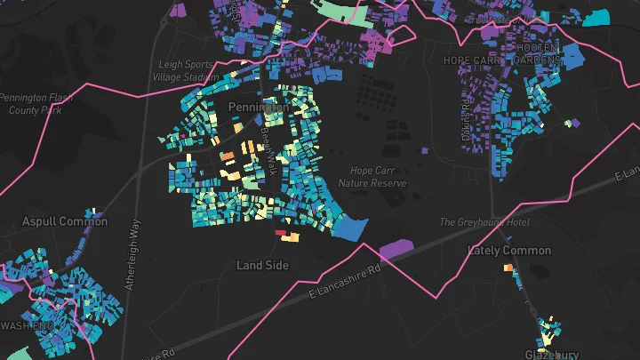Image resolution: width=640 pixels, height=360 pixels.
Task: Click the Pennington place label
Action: tap(258, 107)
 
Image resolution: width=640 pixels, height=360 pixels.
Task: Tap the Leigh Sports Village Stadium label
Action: tap(187, 70)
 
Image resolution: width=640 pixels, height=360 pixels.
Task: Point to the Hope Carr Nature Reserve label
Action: tap(378, 177)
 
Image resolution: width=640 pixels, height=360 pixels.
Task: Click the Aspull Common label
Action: tap(64, 221)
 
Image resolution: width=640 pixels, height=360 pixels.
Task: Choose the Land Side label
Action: tap(262, 265)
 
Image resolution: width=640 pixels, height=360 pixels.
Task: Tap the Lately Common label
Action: tap(509, 251)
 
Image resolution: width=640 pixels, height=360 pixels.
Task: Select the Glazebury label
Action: tap(552, 354)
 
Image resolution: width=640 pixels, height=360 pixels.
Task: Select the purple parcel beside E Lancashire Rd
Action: tap(396, 249)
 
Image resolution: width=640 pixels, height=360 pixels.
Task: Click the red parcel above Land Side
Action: tap(281, 233)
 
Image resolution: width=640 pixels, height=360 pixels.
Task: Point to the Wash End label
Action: tap(27, 326)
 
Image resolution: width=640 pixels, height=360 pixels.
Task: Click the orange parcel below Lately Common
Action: tap(508, 267)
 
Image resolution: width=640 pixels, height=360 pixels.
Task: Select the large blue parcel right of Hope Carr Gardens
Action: tap(573, 55)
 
